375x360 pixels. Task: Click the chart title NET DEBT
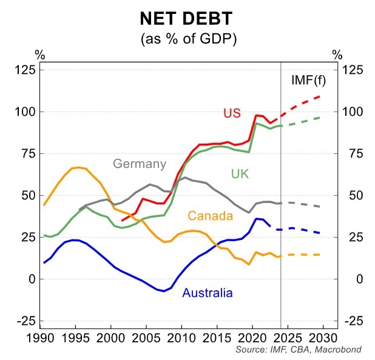pyautogui.click(x=187, y=19)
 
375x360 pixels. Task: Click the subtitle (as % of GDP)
pyautogui.click(x=188, y=39)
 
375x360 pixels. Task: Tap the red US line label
pyautogui.click(x=232, y=113)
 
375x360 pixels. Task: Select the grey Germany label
pyautogui.click(x=139, y=164)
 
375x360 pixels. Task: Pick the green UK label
pyautogui.click(x=240, y=174)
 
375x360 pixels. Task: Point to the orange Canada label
pyautogui.click(x=211, y=216)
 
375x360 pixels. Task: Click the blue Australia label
pyautogui.click(x=207, y=293)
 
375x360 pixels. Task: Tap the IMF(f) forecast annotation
pyautogui.click(x=309, y=80)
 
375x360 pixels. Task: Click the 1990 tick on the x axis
pyautogui.click(x=41, y=337)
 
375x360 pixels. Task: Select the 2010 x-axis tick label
pyautogui.click(x=181, y=337)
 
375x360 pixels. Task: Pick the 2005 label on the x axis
pyautogui.click(x=146, y=337)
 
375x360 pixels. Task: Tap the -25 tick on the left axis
pyautogui.click(x=25, y=321)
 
